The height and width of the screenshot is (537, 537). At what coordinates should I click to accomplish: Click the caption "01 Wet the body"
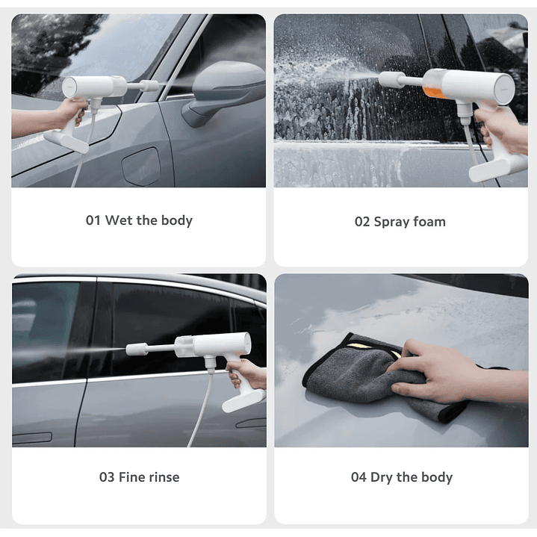tap(139, 220)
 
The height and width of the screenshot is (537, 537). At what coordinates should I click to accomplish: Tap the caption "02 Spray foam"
tap(400, 221)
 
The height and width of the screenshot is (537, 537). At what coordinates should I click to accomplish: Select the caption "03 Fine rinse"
tap(139, 477)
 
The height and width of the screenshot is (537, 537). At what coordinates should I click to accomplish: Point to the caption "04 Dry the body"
tap(402, 477)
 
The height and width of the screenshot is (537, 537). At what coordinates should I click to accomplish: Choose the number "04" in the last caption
tap(358, 477)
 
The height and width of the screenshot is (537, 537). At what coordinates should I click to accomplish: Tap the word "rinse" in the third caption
tap(163, 477)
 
